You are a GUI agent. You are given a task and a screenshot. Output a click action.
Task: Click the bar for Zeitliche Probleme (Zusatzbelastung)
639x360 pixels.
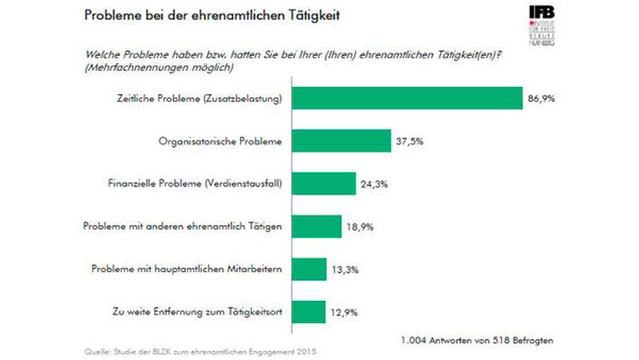(x=407, y=98)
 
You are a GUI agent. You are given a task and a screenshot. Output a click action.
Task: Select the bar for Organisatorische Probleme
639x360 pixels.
(x=342, y=141)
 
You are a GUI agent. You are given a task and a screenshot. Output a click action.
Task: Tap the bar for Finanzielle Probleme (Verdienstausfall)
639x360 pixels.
(x=324, y=184)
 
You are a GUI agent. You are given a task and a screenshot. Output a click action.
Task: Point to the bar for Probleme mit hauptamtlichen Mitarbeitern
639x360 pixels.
(x=310, y=269)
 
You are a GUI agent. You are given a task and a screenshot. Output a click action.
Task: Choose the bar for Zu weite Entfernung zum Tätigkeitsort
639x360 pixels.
(x=309, y=311)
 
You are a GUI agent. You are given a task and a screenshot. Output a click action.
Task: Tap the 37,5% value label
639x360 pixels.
(x=411, y=141)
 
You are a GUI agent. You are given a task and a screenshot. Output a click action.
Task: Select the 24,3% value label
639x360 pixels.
(x=375, y=184)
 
